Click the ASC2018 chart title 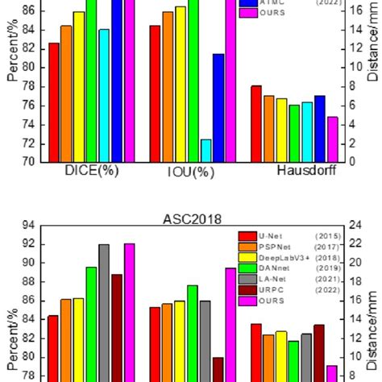(192, 218)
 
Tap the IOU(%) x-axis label (190, 172)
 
